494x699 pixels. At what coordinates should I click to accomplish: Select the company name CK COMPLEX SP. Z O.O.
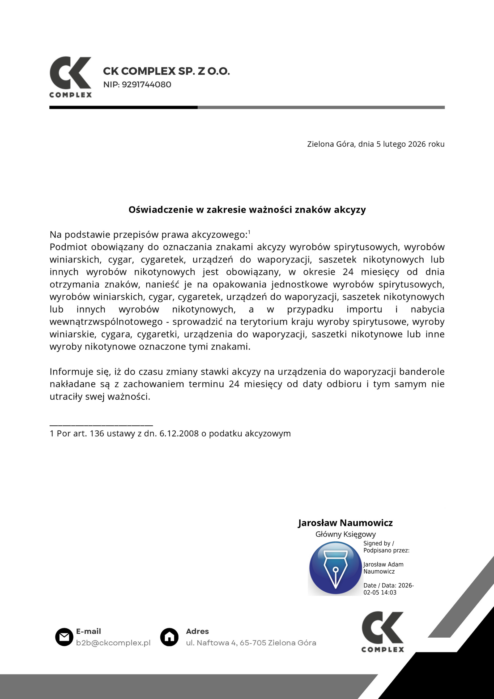pos(166,71)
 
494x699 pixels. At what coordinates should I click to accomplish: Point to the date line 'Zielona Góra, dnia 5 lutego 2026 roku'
pos(376,144)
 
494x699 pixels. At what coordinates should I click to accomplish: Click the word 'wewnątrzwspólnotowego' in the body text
pos(106,322)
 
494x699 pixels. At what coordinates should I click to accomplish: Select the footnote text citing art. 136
pos(170,434)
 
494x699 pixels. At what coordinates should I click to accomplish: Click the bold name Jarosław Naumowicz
pos(345,523)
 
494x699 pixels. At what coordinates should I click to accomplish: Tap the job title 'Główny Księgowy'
pos(346,534)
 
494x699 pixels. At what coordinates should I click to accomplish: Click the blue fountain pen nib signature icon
pos(335,568)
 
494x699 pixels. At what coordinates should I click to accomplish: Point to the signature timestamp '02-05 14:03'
pos(380,593)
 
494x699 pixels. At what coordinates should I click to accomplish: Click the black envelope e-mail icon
pos(64,637)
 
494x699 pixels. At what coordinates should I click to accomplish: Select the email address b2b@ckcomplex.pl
pos(113,643)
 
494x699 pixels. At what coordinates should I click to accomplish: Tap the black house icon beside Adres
pos(169,637)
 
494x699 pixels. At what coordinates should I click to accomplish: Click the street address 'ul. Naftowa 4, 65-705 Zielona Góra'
pos(251,643)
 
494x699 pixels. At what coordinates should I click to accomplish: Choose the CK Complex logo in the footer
pos(383,632)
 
